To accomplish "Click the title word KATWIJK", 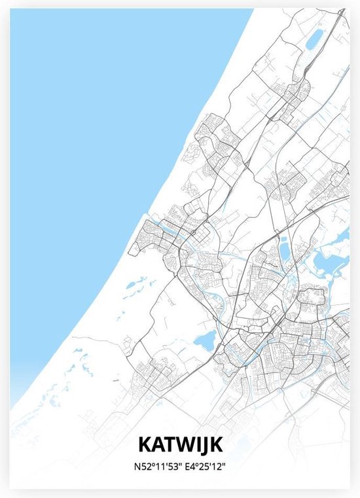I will coord(180,445).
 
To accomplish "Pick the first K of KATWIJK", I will coord(145,445).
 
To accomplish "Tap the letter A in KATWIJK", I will coord(158,445).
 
